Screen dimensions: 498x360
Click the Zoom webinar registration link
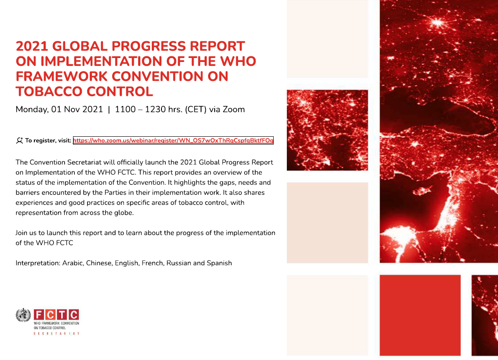[x=173, y=140]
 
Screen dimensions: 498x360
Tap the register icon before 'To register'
[x=19, y=140]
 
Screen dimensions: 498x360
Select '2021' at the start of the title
[x=32, y=46]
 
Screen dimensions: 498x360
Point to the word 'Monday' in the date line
[x=32, y=109]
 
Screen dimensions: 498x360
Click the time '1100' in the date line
[x=125, y=109]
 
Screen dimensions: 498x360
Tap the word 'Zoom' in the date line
[x=234, y=109]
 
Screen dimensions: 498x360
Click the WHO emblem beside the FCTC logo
[x=23, y=315]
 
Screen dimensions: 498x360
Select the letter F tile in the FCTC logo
[x=39, y=315]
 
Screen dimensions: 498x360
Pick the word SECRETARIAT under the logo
[x=57, y=333]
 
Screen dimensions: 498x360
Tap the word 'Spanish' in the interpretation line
[x=219, y=263]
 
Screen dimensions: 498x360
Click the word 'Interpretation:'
[x=38, y=263]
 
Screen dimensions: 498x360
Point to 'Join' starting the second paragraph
[x=21, y=233]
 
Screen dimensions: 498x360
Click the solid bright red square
[x=420, y=315]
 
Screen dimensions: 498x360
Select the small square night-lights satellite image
[x=327, y=130]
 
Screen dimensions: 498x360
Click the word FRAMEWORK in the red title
[x=62, y=76]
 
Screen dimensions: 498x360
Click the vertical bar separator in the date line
[x=109, y=109]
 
